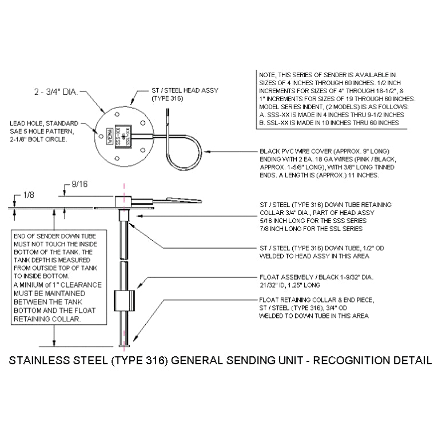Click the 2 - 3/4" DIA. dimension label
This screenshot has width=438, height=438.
[57, 91]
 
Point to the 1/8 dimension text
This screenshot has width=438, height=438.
[28, 195]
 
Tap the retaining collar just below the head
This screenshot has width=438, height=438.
[124, 216]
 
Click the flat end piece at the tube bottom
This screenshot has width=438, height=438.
[124, 345]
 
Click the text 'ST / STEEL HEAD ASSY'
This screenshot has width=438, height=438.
[185, 90]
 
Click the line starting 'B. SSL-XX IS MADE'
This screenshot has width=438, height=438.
[328, 122]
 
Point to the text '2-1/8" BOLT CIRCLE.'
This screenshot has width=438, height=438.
[39, 139]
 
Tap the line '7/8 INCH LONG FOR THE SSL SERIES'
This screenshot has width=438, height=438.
[310, 228]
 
